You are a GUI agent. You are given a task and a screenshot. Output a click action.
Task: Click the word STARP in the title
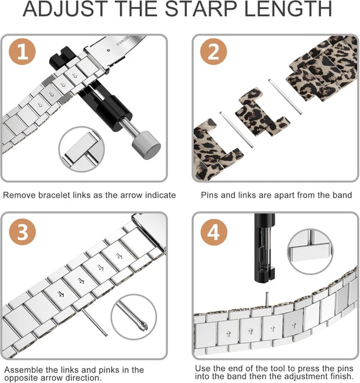[201, 9]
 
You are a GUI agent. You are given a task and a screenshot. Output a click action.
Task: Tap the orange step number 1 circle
[22, 52]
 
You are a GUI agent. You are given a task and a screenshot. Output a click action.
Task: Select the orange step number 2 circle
[214, 52]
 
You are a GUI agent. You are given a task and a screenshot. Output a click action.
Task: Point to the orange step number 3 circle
[22, 231]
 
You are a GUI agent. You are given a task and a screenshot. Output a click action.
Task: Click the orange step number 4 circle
[214, 231]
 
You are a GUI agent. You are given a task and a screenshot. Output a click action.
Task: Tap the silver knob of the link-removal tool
[146, 145]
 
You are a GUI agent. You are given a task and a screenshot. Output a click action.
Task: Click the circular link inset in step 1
[82, 149]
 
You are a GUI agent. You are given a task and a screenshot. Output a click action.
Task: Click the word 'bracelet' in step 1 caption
[55, 195]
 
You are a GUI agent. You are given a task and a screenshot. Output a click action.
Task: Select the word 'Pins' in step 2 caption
[209, 195]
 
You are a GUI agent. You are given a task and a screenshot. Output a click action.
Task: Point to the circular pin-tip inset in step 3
[134, 317]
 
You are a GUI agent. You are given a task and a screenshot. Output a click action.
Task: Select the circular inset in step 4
[310, 251]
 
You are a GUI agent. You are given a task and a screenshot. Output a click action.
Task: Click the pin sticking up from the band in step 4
[267, 299]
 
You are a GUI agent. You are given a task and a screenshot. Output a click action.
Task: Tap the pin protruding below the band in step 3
[94, 322]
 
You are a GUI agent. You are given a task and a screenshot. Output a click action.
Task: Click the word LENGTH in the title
[288, 9]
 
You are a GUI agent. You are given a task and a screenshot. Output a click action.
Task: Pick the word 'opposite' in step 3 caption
[21, 378]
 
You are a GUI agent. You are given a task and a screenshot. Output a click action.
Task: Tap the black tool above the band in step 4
[265, 249]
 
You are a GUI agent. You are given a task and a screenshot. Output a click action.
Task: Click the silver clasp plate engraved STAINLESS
[115, 52]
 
